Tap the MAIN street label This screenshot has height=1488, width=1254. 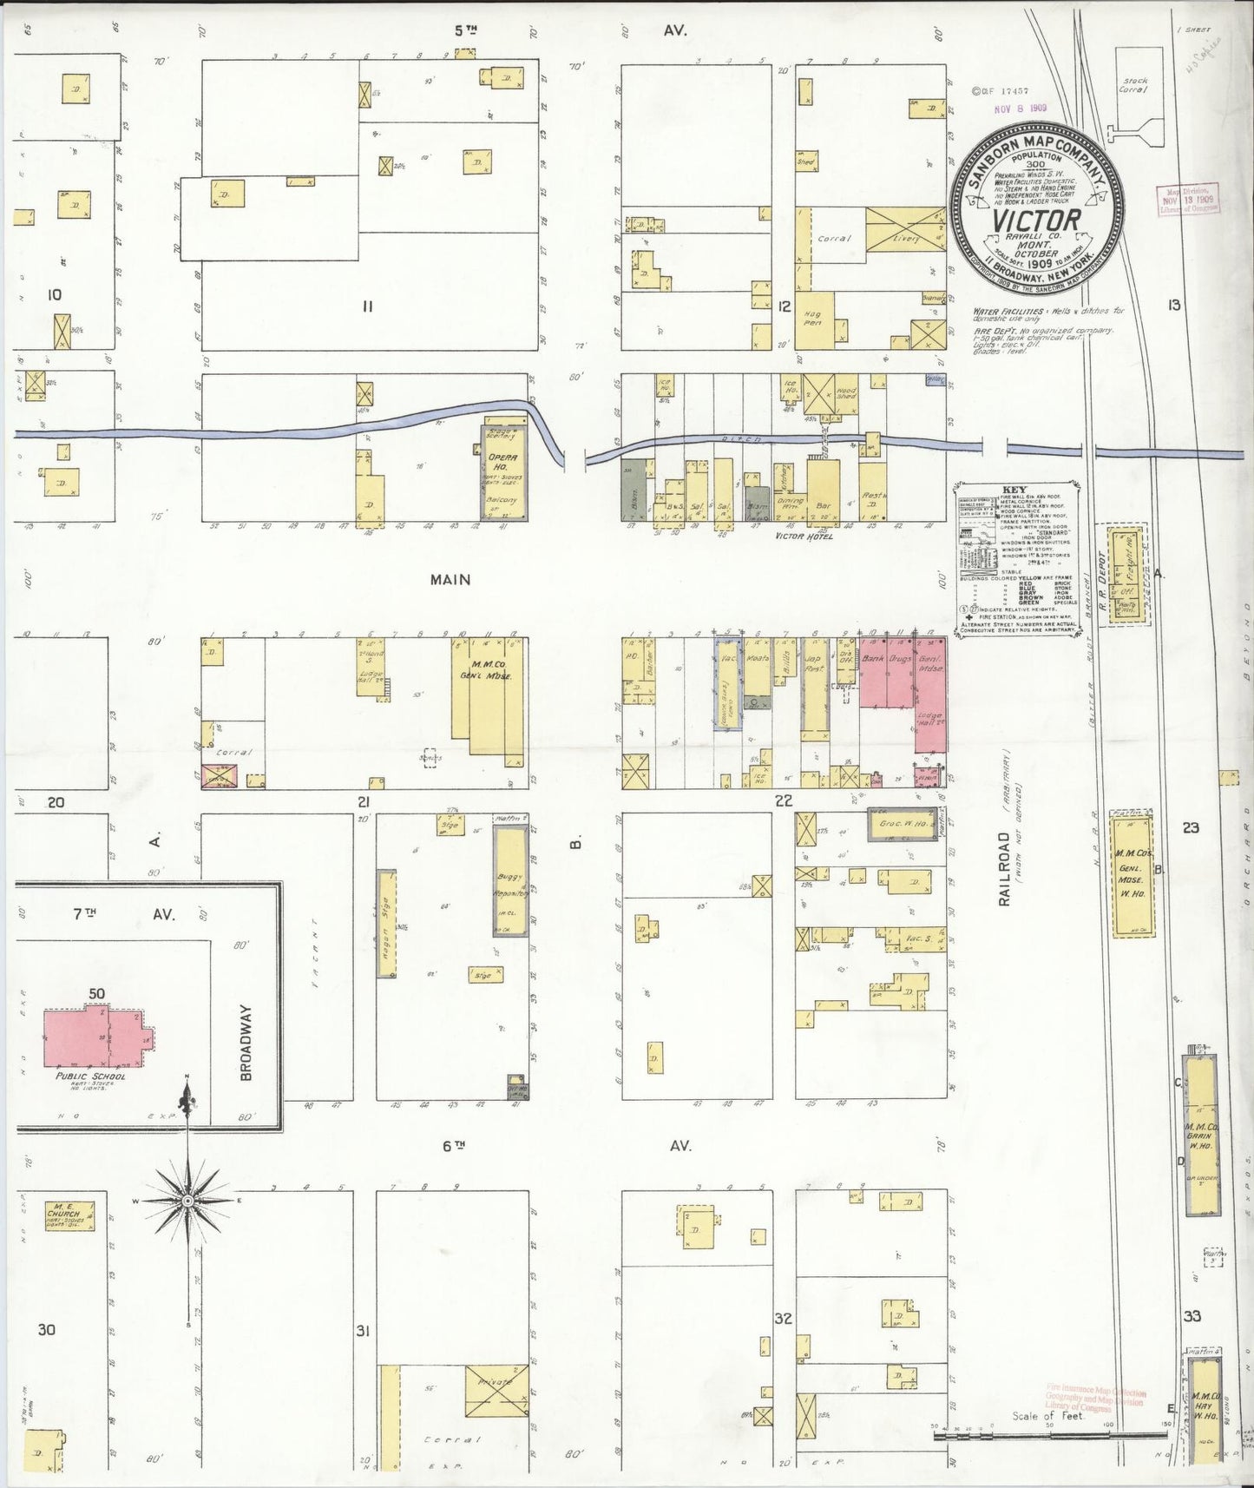click(x=450, y=579)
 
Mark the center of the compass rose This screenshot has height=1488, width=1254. click(x=187, y=1200)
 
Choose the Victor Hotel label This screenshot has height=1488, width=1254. click(x=804, y=537)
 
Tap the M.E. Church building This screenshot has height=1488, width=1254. click(x=70, y=1218)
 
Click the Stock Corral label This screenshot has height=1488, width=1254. click(x=1133, y=85)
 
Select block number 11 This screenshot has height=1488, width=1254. click(x=367, y=306)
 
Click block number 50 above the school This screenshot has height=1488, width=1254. click(x=96, y=993)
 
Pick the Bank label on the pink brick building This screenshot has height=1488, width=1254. click(x=873, y=660)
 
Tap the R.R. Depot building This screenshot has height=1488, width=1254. click(x=1126, y=573)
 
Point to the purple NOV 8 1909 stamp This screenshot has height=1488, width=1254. click(x=1021, y=109)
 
